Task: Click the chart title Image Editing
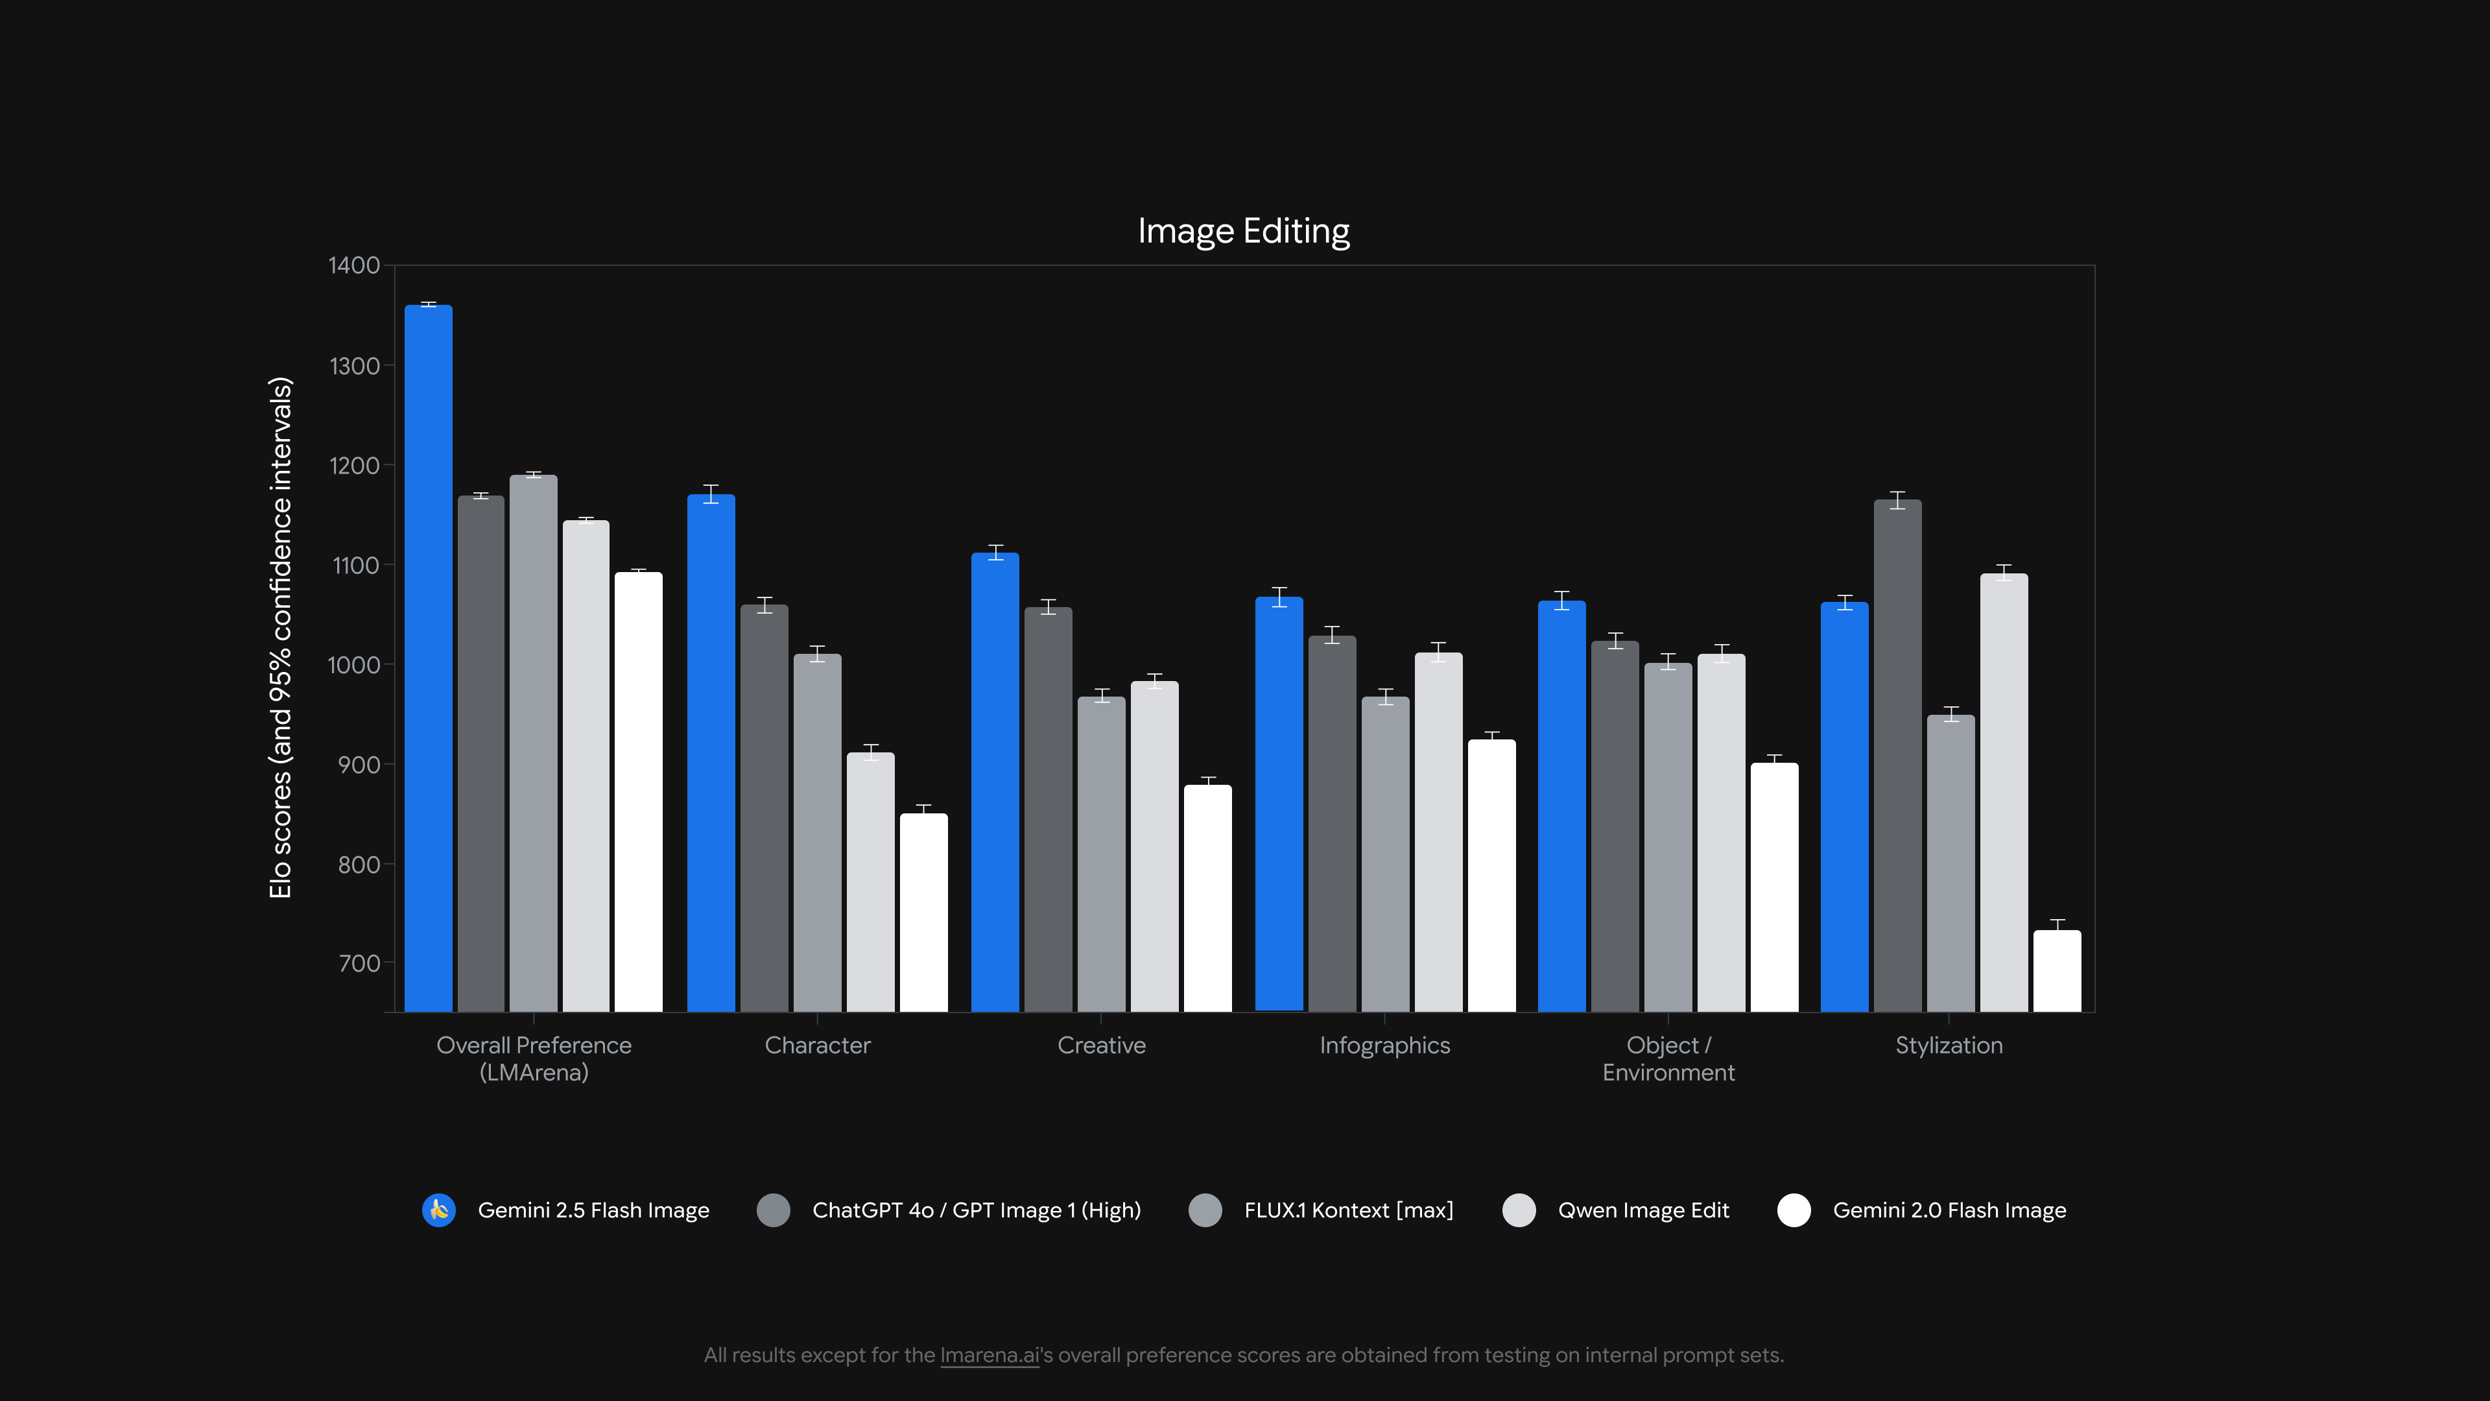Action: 1243,231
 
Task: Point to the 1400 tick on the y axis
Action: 354,265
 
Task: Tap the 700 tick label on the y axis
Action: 359,963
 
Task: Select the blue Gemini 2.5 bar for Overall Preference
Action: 428,658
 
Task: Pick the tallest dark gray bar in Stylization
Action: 1897,754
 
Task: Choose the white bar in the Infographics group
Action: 1491,875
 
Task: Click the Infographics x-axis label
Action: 1384,1045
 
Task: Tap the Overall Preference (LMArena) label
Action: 534,1059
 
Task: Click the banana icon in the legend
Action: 439,1210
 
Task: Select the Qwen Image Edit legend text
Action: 1642,1210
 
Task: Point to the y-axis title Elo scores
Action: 280,638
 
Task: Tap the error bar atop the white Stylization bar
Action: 2057,924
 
